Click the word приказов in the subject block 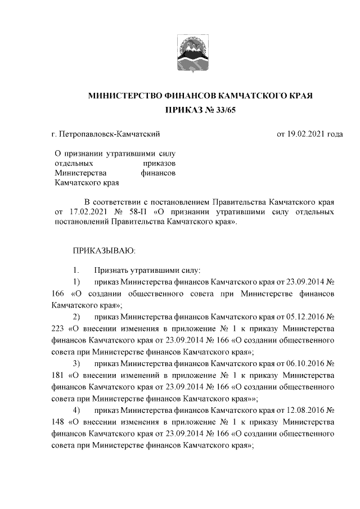160,163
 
